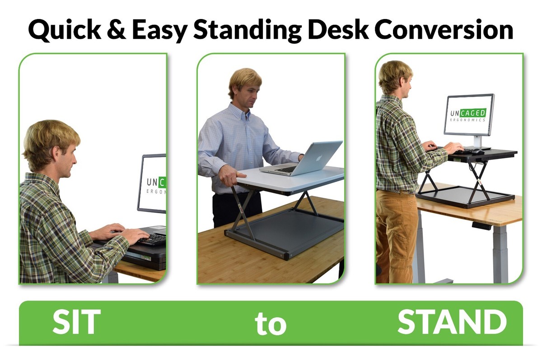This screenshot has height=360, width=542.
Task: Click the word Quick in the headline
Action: [x=65, y=30]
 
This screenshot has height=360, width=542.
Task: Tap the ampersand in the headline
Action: [x=117, y=29]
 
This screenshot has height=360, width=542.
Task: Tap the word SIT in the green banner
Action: [x=76, y=322]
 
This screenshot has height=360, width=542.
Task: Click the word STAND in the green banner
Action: [x=452, y=322]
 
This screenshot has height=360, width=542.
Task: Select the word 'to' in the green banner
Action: [x=271, y=323]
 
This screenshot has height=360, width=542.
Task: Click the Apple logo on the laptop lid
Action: [x=319, y=158]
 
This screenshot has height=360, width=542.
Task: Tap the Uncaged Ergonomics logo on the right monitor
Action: [x=468, y=115]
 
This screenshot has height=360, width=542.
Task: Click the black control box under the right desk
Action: [x=481, y=226]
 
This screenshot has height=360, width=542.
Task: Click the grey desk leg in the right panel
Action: [x=500, y=253]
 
